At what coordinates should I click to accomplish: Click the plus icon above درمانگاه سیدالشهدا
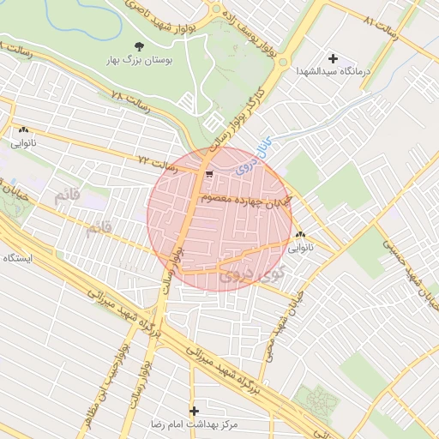pyautogui.click(x=333, y=58)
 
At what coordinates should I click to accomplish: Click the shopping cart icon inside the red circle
pyautogui.click(x=209, y=174)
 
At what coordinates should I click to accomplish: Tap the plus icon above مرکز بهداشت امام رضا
pyautogui.click(x=194, y=411)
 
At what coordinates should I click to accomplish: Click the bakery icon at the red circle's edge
pyautogui.click(x=299, y=235)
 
